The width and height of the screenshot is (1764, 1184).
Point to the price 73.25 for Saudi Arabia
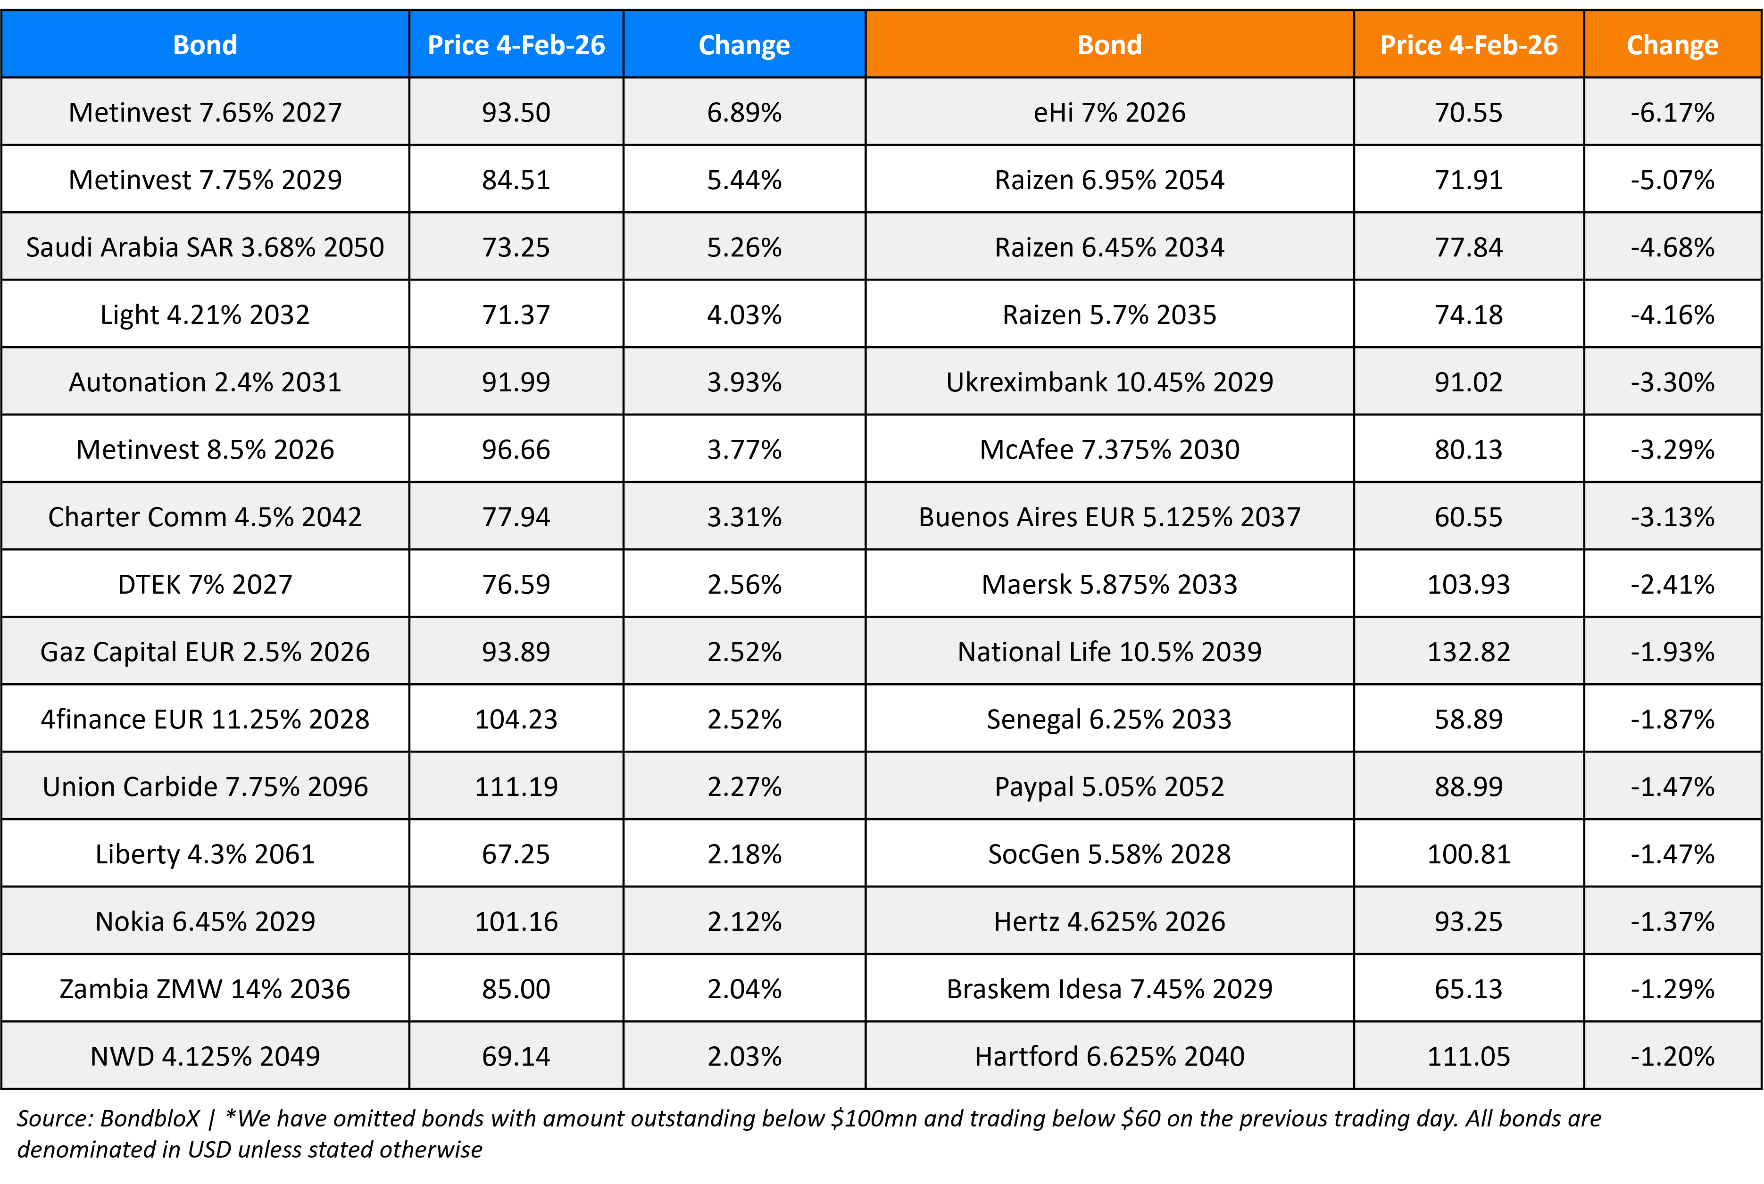point(516,248)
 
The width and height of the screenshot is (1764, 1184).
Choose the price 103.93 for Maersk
point(1468,584)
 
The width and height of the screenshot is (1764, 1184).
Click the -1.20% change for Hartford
point(1672,1056)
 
